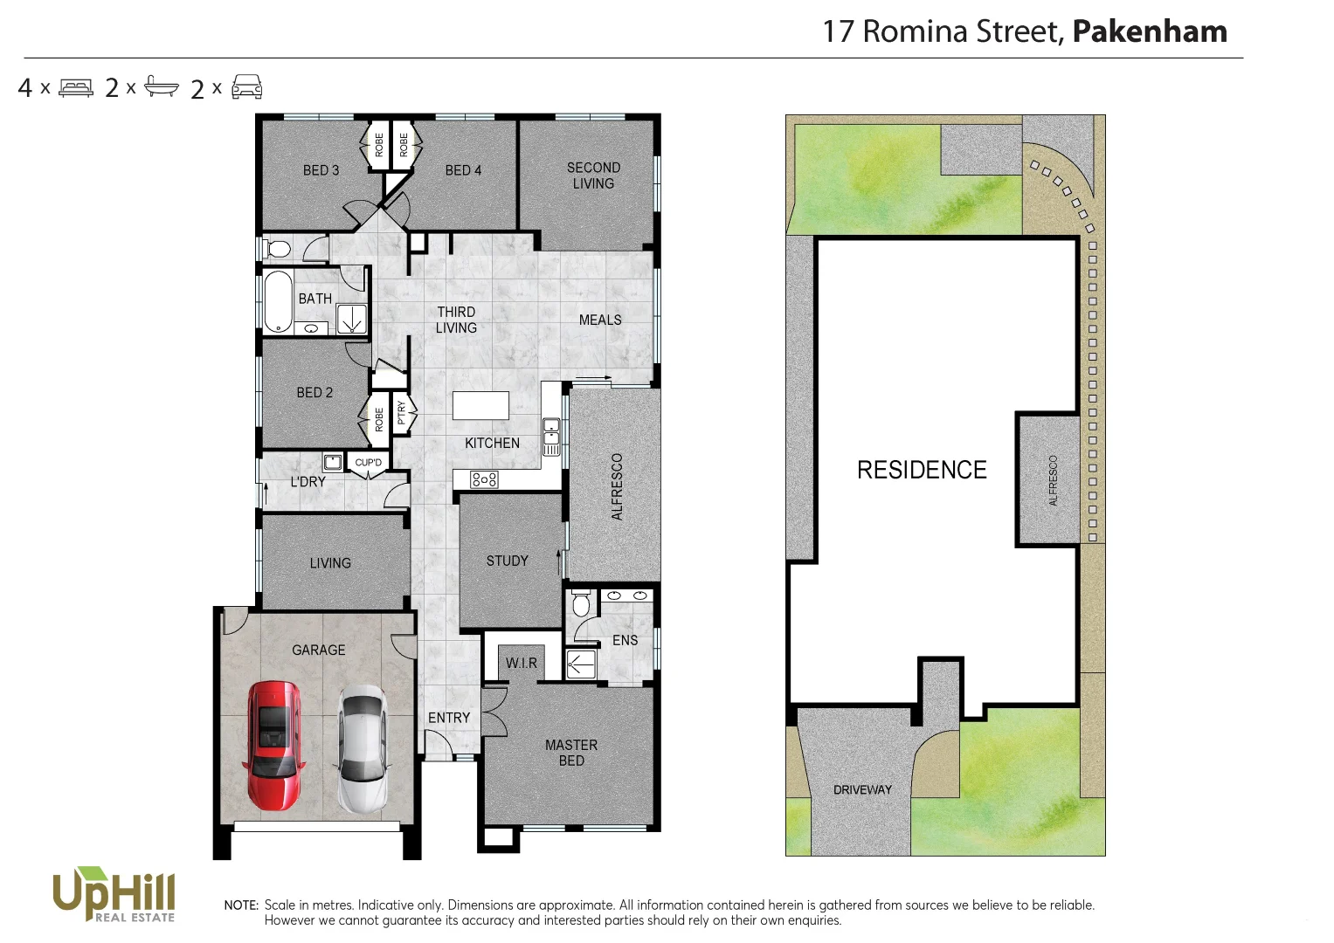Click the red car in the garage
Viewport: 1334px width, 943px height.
pyautogui.click(x=274, y=746)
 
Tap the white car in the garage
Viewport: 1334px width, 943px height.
pyautogui.click(x=363, y=748)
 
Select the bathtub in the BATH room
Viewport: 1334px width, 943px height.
pyautogui.click(x=278, y=302)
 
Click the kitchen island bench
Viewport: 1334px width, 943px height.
pyautogui.click(x=480, y=406)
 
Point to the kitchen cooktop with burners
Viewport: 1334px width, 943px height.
pyautogui.click(x=484, y=479)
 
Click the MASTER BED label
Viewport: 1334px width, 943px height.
pyautogui.click(x=571, y=753)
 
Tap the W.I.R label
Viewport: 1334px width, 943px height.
pyautogui.click(x=522, y=664)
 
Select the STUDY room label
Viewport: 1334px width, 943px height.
pyautogui.click(x=507, y=561)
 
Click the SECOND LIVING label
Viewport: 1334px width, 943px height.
pyautogui.click(x=593, y=176)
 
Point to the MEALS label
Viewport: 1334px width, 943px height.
pyautogui.click(x=600, y=320)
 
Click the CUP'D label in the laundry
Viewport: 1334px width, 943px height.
pyautogui.click(x=368, y=463)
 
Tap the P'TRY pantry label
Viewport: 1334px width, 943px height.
pyautogui.click(x=401, y=412)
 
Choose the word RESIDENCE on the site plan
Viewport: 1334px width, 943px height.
pyautogui.click(x=922, y=470)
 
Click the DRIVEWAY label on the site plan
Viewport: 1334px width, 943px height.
pyautogui.click(x=862, y=790)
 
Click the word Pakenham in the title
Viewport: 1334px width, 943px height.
pyautogui.click(x=1149, y=31)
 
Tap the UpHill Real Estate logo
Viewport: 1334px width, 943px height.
pyautogui.click(x=114, y=894)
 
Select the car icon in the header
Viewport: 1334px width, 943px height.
pyautogui.click(x=247, y=87)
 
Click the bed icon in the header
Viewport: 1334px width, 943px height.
pyautogui.click(x=76, y=88)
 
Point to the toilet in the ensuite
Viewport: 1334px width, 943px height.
pyautogui.click(x=581, y=603)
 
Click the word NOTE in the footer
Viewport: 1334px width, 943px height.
pyautogui.click(x=241, y=905)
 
